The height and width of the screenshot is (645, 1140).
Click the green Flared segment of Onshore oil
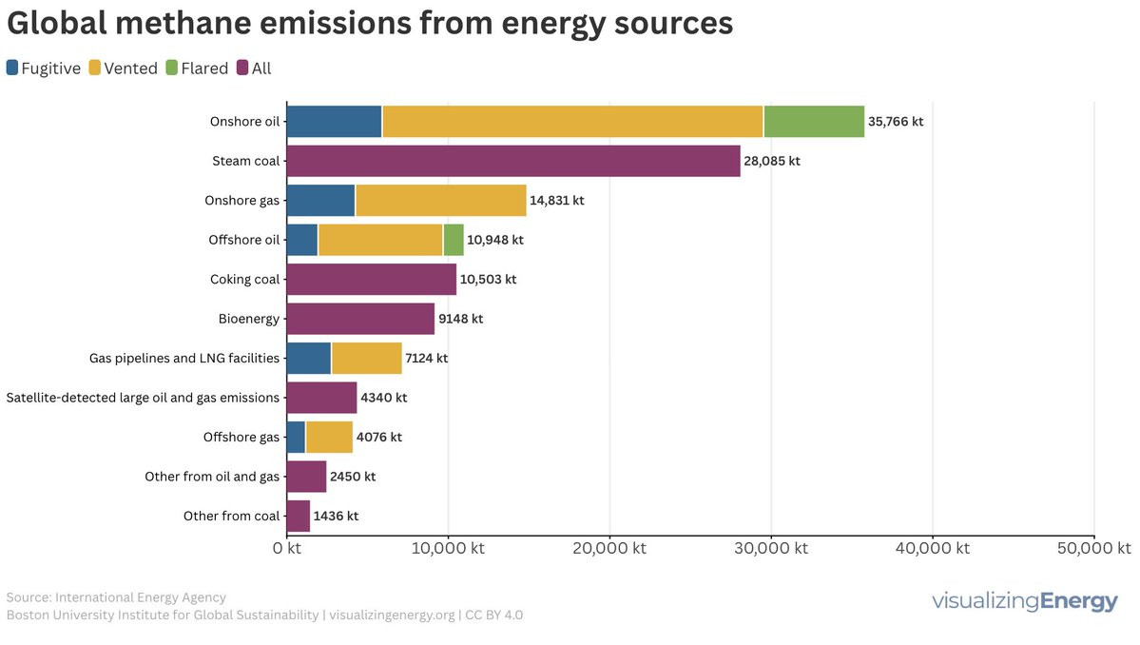point(814,122)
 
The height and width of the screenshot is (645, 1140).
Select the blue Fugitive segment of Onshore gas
point(320,201)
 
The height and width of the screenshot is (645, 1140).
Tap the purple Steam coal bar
point(512,161)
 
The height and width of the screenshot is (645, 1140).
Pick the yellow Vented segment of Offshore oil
point(380,240)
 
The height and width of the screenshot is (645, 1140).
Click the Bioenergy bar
point(360,319)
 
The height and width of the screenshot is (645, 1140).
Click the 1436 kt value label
point(336,516)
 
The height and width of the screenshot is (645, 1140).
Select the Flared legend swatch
point(171,68)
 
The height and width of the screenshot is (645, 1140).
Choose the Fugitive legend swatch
point(13,68)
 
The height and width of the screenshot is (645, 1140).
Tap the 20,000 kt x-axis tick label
point(609,549)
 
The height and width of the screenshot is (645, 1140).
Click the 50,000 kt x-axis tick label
point(1093,549)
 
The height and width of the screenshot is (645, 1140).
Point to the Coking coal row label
point(244,280)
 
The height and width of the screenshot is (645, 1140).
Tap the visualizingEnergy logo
point(1025,601)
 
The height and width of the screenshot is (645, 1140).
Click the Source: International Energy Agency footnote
point(116,597)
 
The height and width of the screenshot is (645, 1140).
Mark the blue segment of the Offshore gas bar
point(296,437)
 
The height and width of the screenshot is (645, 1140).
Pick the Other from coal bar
point(299,516)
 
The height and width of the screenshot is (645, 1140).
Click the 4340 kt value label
point(383,398)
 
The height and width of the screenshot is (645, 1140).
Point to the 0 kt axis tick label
point(287,549)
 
